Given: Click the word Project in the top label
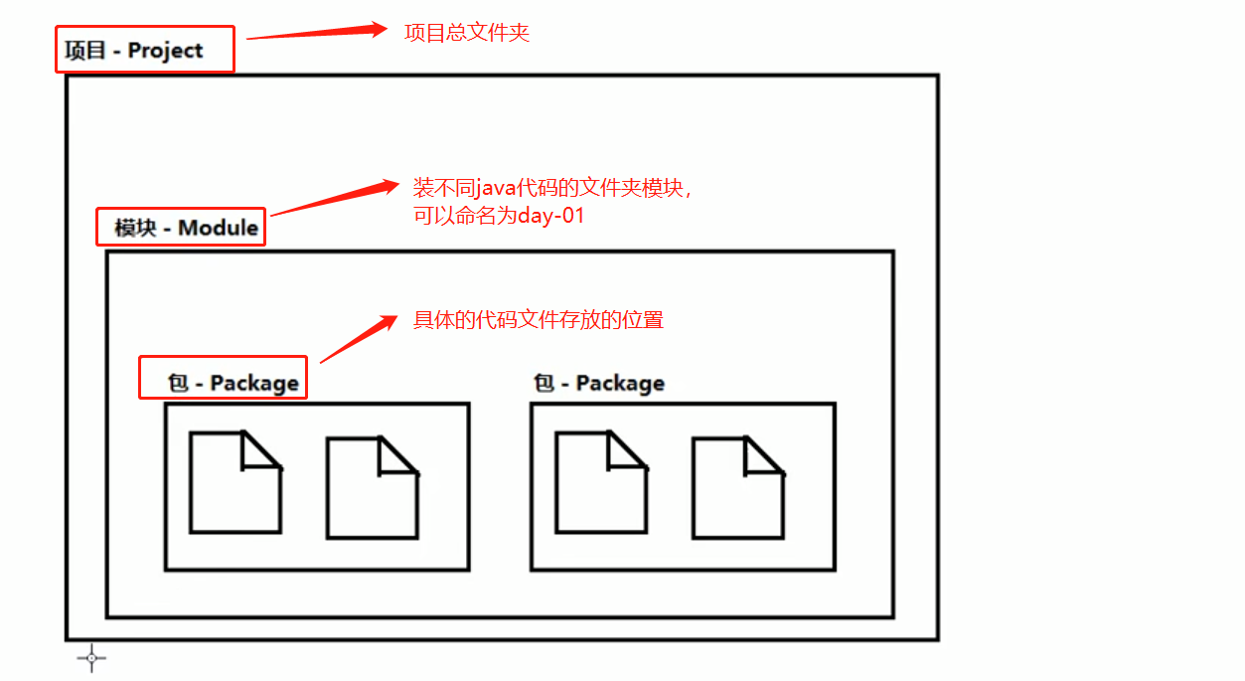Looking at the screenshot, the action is pyautogui.click(x=165, y=51).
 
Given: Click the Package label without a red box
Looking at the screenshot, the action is pyautogui.click(x=599, y=383).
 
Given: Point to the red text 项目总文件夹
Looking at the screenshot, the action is pyautogui.click(x=466, y=32).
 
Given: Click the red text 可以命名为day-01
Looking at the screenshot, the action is pyautogui.click(x=499, y=215).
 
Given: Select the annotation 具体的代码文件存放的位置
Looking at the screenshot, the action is pyautogui.click(x=538, y=320).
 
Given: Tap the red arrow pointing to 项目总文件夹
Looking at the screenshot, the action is pyautogui.click(x=316, y=32).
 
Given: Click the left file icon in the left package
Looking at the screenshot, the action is pyautogui.click(x=234, y=482).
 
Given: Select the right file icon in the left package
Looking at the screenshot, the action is pyautogui.click(x=372, y=488).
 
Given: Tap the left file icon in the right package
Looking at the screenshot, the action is pyautogui.click(x=600, y=482).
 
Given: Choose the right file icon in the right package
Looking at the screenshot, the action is pyautogui.click(x=737, y=488).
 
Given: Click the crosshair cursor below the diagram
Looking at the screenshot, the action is pyautogui.click(x=91, y=657).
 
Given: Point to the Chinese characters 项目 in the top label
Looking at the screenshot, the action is pyautogui.click(x=85, y=51).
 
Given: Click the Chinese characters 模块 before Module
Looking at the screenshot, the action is pyautogui.click(x=135, y=228).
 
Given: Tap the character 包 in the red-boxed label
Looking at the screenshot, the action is pyautogui.click(x=178, y=383).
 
